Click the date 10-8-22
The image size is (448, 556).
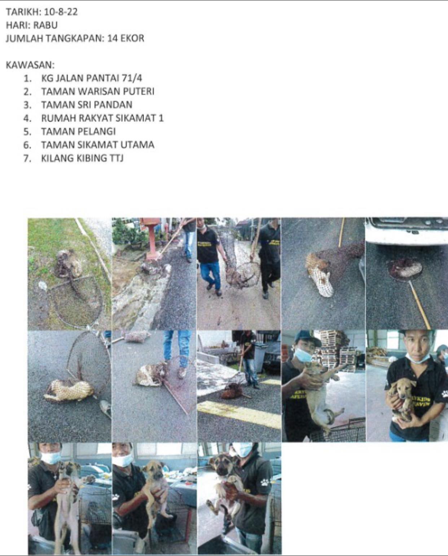tap(61, 12)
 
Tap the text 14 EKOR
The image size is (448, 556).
tap(126, 39)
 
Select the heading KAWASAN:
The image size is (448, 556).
tap(30, 65)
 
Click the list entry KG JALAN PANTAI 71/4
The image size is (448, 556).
tap(92, 78)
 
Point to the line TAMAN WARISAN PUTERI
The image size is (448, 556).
tap(98, 92)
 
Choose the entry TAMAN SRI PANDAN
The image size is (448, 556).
tap(87, 105)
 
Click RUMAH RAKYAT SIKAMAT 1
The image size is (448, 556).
tap(102, 118)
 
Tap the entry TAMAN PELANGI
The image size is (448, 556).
tap(78, 132)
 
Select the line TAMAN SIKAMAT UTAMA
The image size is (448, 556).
tap(98, 145)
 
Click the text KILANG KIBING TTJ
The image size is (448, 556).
tap(82, 158)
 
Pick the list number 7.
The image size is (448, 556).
tap(27, 158)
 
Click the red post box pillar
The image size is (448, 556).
tap(152, 238)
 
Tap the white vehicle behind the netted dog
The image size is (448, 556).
tap(407, 231)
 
